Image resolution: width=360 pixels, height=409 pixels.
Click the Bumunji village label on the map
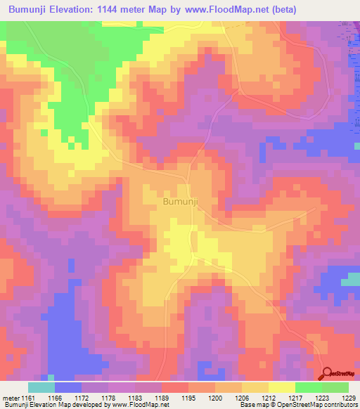(x=181, y=202)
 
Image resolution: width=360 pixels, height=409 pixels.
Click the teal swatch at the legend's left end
(x=41, y=387)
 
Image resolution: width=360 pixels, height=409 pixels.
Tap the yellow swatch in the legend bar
(x=281, y=387)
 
